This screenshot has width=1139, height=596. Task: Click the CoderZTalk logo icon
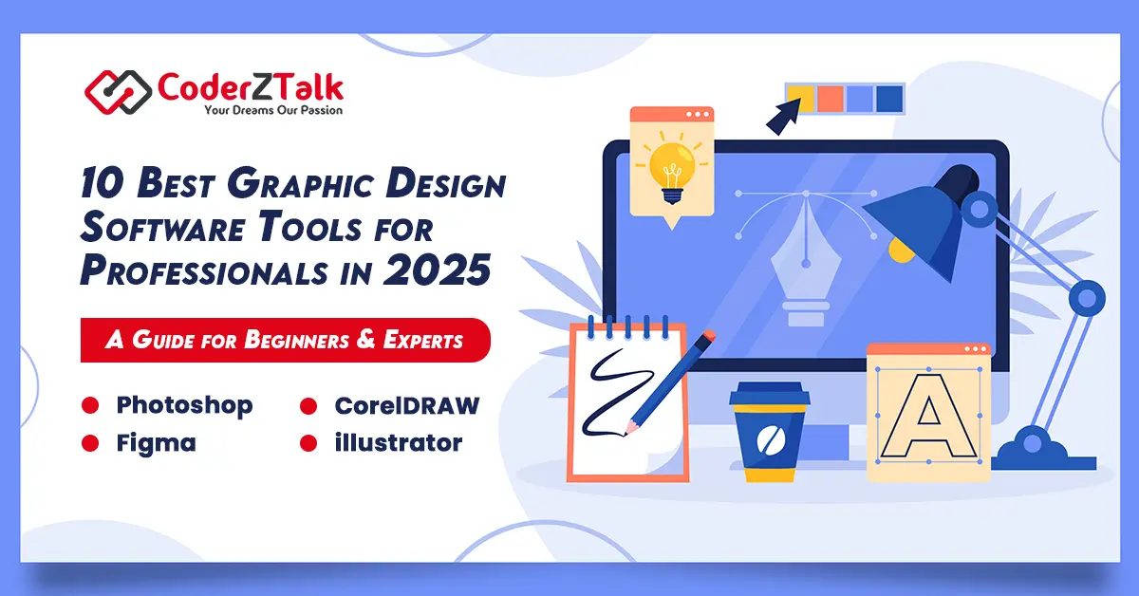tap(118, 92)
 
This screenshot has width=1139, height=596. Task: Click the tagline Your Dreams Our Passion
tap(273, 110)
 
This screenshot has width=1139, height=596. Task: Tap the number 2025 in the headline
tap(437, 270)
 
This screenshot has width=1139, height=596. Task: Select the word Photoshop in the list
tap(184, 406)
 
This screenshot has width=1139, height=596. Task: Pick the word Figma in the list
tap(156, 443)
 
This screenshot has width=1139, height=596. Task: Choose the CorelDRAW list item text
tap(407, 406)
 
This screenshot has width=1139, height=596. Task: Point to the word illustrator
tap(398, 442)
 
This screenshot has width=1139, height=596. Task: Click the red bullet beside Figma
tap(90, 443)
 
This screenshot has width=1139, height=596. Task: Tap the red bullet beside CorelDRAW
tap(308, 406)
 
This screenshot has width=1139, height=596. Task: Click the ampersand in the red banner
tap(365, 339)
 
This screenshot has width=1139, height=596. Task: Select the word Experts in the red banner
tap(423, 340)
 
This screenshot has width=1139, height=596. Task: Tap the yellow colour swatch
tap(800, 98)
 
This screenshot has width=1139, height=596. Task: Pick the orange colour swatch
tap(831, 98)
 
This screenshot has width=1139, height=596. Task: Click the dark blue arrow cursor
tap(783, 117)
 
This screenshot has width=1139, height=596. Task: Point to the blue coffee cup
tap(770, 432)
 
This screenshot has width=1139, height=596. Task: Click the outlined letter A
tap(928, 416)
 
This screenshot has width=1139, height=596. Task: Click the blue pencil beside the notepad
tap(670, 382)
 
